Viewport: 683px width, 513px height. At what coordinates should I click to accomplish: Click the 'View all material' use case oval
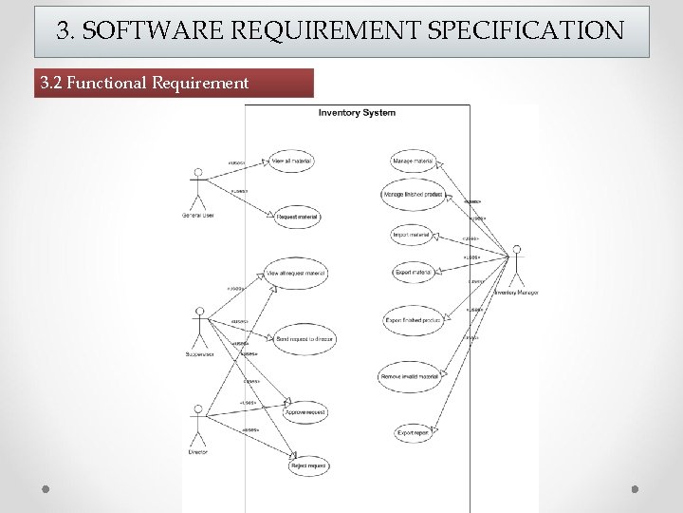[291, 161]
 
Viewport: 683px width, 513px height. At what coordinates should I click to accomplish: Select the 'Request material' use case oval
[297, 218]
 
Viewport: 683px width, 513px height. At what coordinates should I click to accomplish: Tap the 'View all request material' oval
[297, 273]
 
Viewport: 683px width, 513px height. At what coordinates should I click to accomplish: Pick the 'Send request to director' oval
[304, 337]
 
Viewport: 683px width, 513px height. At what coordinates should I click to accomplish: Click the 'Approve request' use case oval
[305, 412]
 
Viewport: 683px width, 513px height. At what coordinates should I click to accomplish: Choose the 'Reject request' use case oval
[308, 465]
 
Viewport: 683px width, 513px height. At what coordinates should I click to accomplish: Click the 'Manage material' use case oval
[411, 161]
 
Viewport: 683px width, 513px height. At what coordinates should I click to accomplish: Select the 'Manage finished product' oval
[412, 194]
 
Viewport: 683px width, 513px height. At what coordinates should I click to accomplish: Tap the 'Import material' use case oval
[411, 234]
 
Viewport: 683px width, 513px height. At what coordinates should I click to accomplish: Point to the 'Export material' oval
[412, 272]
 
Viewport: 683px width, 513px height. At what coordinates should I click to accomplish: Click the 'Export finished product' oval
[412, 320]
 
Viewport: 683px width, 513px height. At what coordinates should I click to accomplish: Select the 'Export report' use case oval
[414, 432]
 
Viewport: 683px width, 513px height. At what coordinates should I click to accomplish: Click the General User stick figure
[198, 190]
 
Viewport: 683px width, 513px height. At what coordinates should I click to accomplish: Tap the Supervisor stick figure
[199, 329]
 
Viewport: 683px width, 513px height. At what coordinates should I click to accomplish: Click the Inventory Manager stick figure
[517, 267]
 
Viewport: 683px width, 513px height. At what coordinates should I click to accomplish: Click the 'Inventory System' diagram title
[357, 113]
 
